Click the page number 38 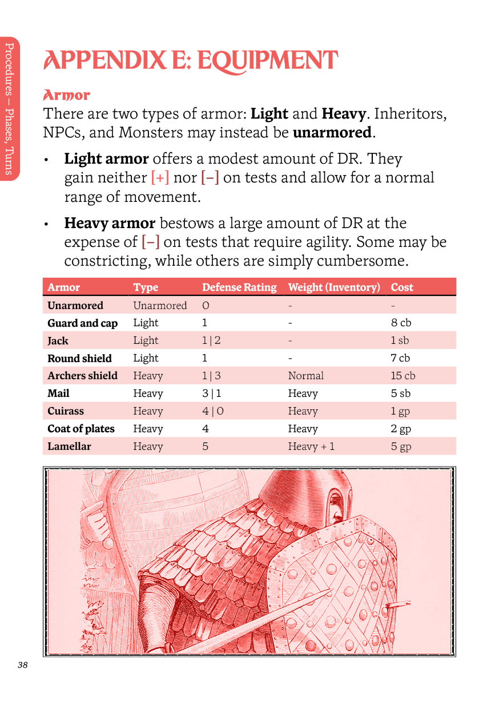pyautogui.click(x=22, y=665)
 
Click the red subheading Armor pyautogui.click(x=67, y=95)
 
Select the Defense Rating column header pyautogui.click(x=239, y=287)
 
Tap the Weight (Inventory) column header pyautogui.click(x=334, y=287)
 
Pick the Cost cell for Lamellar pyautogui.click(x=401, y=446)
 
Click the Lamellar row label pyautogui.click(x=69, y=446)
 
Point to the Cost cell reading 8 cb pyautogui.click(x=401, y=323)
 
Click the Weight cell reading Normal pyautogui.click(x=305, y=376)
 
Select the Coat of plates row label pyautogui.click(x=81, y=429)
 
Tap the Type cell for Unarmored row pyautogui.click(x=160, y=306)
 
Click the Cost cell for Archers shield pyautogui.click(x=403, y=376)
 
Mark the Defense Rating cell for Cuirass pyautogui.click(x=213, y=411)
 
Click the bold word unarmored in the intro pyautogui.click(x=332, y=133)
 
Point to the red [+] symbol pyautogui.click(x=160, y=178)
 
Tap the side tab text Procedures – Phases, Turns pyautogui.click(x=10, y=108)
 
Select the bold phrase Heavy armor pyautogui.click(x=110, y=223)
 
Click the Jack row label pyautogui.click(x=58, y=340)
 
